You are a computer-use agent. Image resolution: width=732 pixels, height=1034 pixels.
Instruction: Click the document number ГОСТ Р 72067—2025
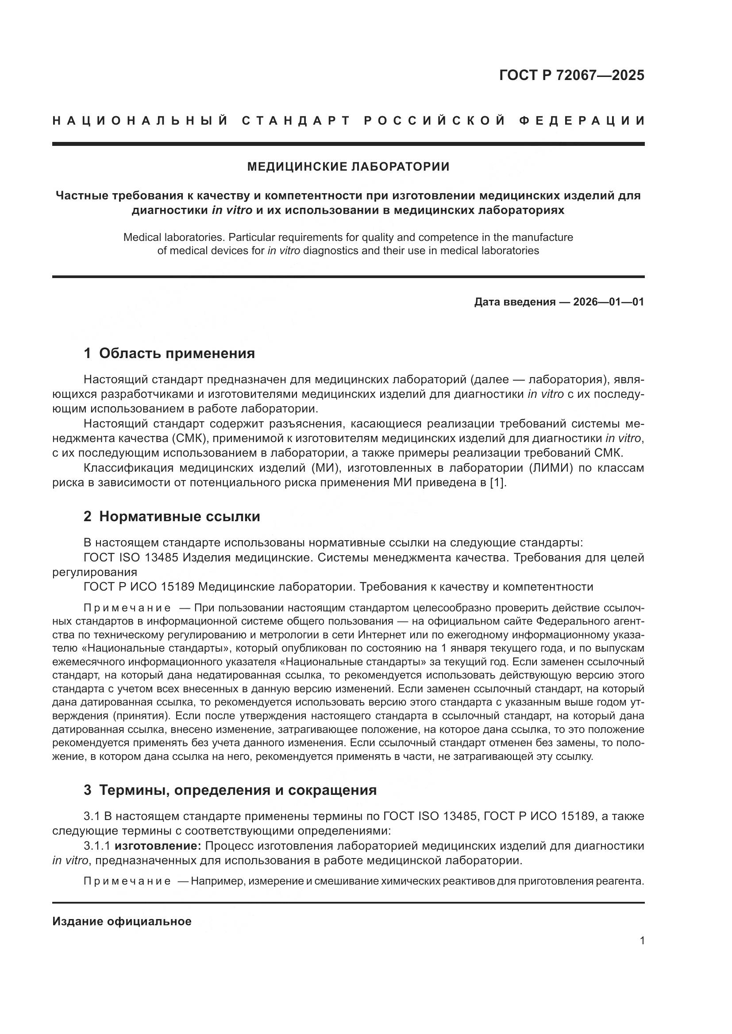coord(571,75)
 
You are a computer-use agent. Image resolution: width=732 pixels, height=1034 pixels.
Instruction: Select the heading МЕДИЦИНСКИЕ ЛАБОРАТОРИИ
coord(348,167)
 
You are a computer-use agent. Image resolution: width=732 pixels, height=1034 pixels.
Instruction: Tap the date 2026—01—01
coord(608,302)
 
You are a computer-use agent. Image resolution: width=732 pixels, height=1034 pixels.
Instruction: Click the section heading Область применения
coord(176,353)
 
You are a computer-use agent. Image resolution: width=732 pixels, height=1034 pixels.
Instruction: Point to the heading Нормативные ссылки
coord(179,516)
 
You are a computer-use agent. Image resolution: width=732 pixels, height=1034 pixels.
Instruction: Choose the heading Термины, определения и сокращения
coord(238,790)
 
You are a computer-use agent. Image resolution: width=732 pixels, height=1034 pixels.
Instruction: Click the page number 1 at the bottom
coord(642,941)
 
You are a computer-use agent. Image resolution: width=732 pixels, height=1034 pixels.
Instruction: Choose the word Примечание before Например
coord(127,881)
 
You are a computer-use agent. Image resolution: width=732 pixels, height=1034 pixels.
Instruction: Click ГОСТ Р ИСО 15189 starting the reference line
coord(139,587)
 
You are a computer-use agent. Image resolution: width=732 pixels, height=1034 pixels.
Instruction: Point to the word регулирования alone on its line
coord(95,572)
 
